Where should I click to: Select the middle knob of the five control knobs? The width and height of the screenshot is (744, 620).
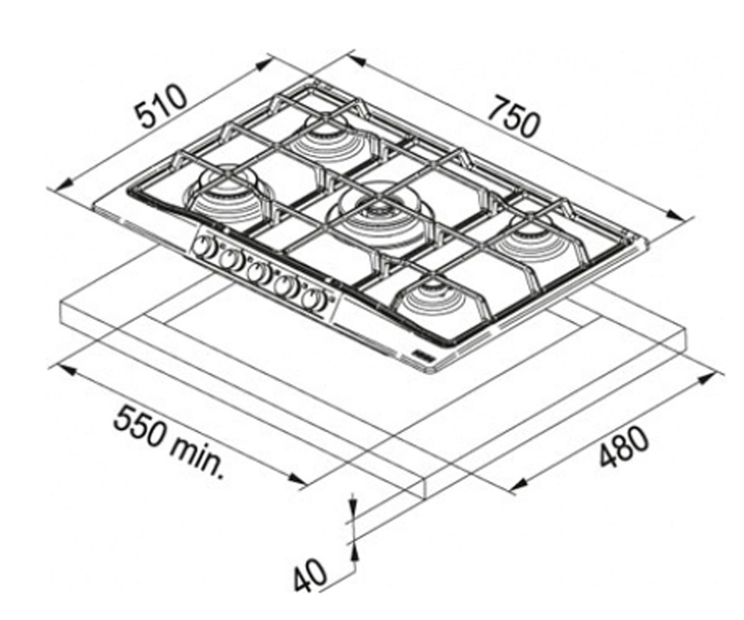click(x=257, y=273)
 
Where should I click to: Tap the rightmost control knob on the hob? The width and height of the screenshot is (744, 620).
click(x=314, y=300)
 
